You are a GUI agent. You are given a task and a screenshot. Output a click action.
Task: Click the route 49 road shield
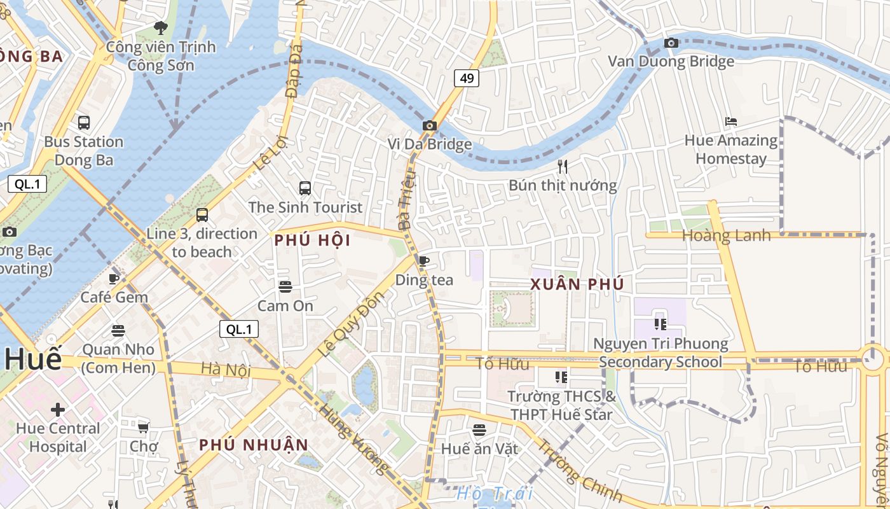(467, 78)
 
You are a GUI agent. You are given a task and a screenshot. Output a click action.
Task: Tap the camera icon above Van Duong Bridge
(671, 43)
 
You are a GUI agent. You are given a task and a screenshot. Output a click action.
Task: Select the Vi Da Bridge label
(430, 144)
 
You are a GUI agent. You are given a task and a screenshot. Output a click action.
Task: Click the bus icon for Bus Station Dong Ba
(83, 122)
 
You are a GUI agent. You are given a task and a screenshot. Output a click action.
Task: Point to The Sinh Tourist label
(305, 207)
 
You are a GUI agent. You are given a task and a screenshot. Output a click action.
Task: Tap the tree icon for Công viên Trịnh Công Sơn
(161, 28)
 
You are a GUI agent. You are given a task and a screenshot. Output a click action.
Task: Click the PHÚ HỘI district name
(312, 241)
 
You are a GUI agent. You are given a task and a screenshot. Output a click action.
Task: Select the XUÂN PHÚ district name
(577, 284)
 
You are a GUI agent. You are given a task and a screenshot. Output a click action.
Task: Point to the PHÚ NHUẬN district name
(254, 445)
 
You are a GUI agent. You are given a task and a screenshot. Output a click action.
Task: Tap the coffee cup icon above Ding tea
(424, 261)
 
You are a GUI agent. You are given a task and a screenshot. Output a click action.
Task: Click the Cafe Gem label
(114, 297)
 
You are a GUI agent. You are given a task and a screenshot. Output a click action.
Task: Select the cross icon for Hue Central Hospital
(58, 409)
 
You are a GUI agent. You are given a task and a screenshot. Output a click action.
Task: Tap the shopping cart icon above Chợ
(144, 428)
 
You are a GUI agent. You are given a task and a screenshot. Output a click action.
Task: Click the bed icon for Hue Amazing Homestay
(731, 122)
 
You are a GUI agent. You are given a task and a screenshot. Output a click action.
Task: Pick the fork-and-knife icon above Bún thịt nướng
(563, 167)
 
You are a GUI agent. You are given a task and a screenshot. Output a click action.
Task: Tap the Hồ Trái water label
(495, 493)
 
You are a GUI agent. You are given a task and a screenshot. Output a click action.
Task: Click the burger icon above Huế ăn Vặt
(479, 430)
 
